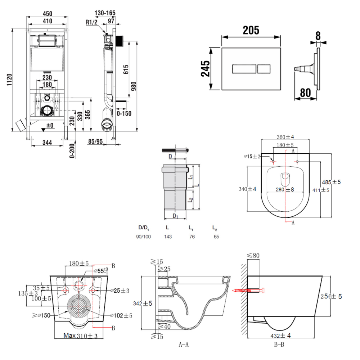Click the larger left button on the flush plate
click(x=244, y=68)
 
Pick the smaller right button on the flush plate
click(x=264, y=68)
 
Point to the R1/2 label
click(x=92, y=22)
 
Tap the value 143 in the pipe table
click(x=167, y=237)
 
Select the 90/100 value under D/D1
click(x=143, y=237)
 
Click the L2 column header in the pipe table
click(x=215, y=228)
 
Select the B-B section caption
click(x=279, y=345)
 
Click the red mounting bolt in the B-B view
click(x=248, y=290)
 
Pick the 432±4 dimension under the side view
click(x=280, y=336)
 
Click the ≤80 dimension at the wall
click(x=253, y=256)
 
